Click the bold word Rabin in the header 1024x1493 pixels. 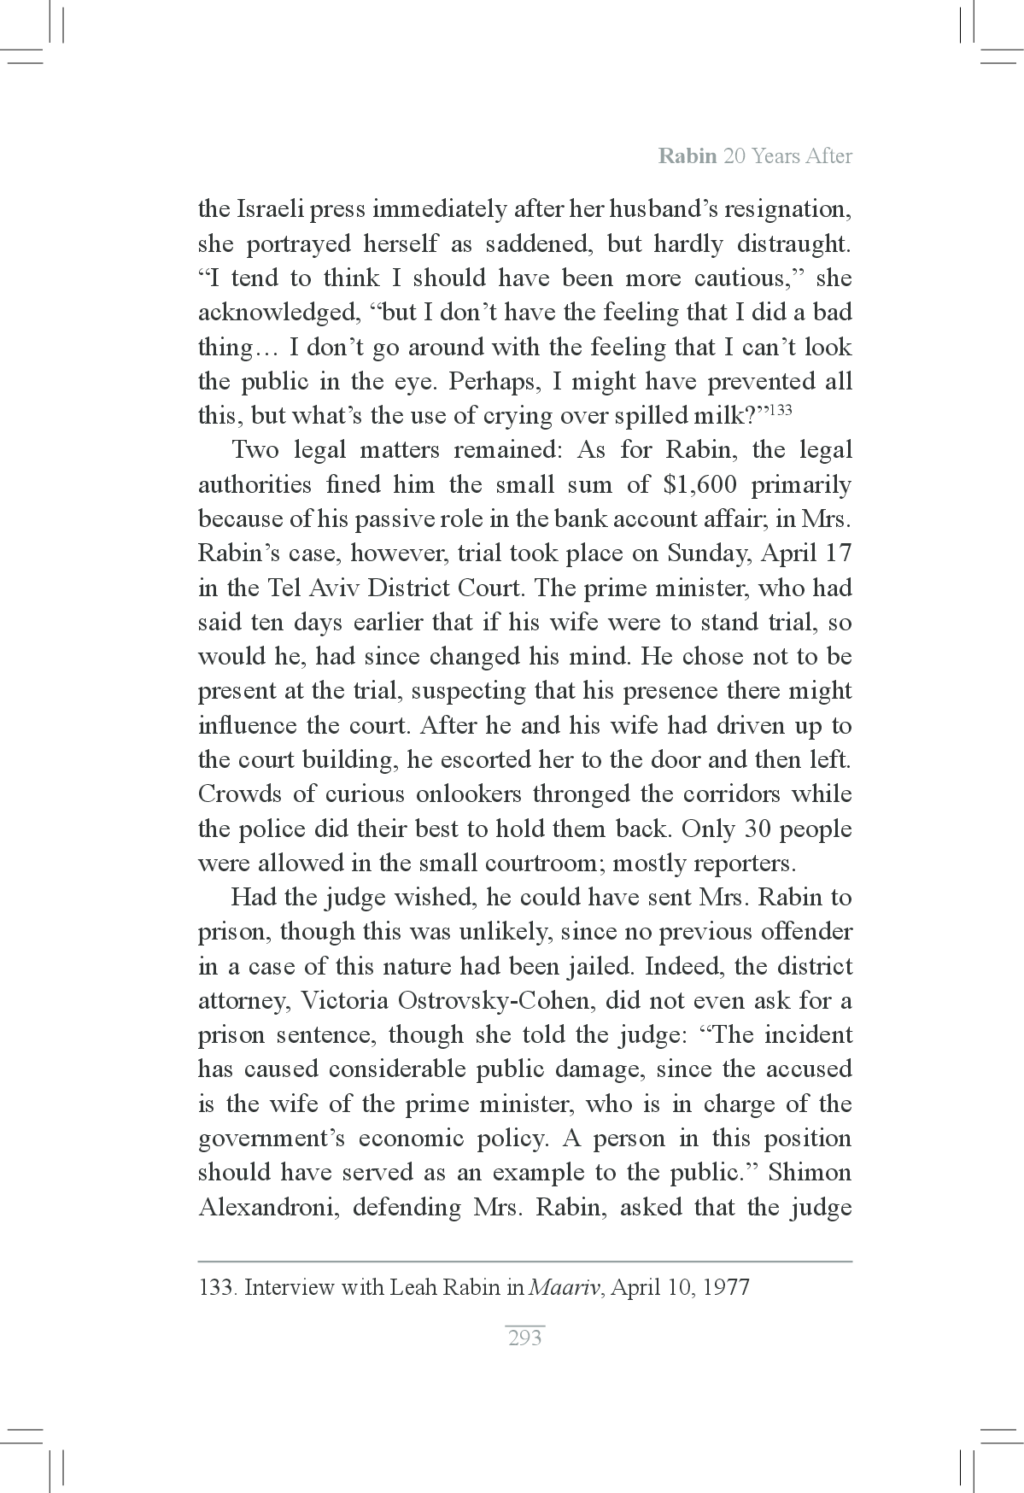click(688, 156)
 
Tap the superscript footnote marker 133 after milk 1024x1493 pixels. click(781, 409)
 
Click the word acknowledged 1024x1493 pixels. click(275, 313)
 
